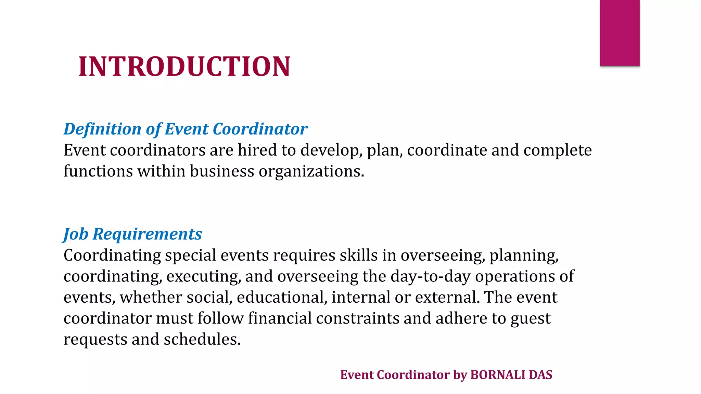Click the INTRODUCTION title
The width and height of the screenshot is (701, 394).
184,66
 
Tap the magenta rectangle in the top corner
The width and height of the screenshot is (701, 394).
620,33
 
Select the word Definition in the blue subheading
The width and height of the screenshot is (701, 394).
102,129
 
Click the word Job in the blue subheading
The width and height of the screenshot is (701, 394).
76,234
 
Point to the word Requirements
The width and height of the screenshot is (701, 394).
147,234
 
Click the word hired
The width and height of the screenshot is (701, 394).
257,150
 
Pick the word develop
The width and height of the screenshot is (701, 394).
331,151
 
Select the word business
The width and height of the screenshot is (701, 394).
222,171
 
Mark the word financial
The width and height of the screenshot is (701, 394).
280,318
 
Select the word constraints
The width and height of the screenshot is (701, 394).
357,318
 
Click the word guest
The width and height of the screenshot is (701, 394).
531,319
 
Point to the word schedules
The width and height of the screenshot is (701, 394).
202,339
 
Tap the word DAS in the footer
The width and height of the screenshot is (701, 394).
540,375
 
